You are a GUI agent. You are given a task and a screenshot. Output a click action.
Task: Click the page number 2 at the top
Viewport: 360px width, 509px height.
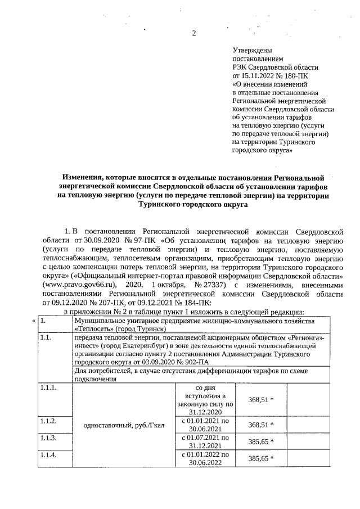(194, 33)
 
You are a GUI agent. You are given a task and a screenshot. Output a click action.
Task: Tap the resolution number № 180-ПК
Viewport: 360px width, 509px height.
(292, 75)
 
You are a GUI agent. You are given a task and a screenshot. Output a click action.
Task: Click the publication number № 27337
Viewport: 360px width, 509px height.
(196, 285)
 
